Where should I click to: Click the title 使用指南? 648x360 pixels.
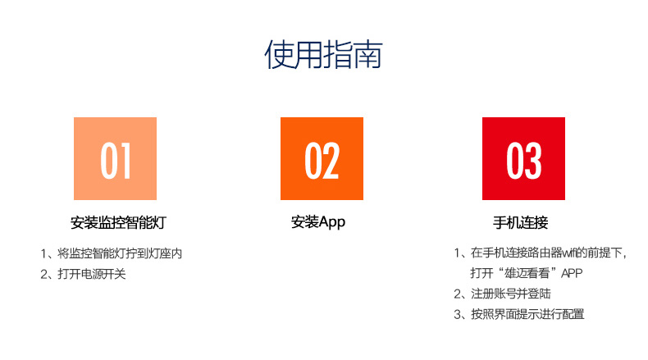tap(323, 54)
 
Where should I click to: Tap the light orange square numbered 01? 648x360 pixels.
tap(116, 159)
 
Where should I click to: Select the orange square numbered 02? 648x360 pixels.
tap(322, 159)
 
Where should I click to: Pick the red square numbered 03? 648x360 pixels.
tap(523, 159)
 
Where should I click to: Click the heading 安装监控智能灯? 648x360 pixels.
tap(118, 222)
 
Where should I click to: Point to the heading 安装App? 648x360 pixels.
tap(318, 222)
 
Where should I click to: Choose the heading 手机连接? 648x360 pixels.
tap(520, 222)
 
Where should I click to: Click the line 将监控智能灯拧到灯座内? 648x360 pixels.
tap(120, 253)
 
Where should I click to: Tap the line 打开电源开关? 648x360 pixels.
tap(92, 274)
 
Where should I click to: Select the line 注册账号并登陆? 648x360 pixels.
tap(511, 294)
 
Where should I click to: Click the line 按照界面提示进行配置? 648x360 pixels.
tap(527, 315)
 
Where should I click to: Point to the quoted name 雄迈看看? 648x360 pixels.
tap(527, 273)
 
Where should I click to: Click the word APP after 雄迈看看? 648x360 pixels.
tap(572, 273)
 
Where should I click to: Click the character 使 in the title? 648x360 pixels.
tap(279, 54)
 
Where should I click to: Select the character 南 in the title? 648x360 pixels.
tap(367, 54)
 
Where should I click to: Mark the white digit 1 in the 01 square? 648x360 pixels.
tap(125, 161)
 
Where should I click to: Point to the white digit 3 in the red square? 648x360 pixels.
tap(533, 161)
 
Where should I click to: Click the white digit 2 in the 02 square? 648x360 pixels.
tap(331, 161)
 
